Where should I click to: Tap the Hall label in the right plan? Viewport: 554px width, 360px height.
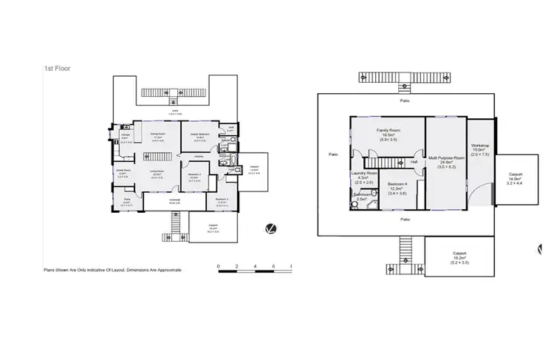(x=414, y=160)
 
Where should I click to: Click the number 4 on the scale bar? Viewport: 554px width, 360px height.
(x=255, y=266)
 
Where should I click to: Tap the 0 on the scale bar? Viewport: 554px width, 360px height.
(x=218, y=266)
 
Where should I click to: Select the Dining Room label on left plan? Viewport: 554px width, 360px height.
(x=157, y=135)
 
